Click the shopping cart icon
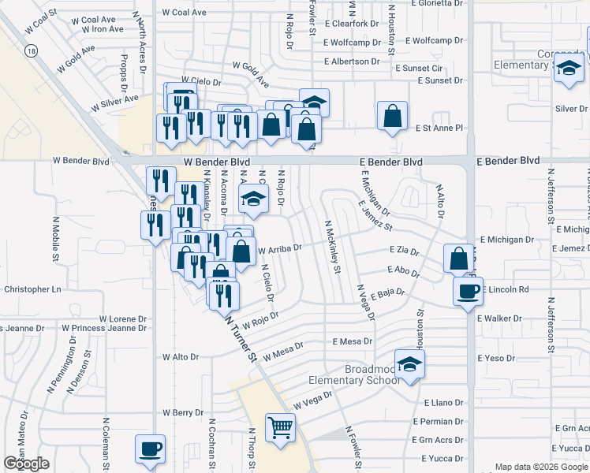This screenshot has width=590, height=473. tap(281, 428)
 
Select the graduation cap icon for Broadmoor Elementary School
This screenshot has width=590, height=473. tap(409, 364)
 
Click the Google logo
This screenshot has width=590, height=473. tap(26, 463)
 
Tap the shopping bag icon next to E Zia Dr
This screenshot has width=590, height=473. tap(458, 259)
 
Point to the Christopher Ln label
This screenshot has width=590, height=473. tap(32, 289)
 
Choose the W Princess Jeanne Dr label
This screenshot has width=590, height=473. tap(104, 327)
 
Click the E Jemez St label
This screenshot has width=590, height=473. tap(375, 214)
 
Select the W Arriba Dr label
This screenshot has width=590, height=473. tap(280, 249)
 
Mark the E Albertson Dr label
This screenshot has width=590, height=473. tap(357, 61)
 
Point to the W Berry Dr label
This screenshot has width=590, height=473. tap(183, 412)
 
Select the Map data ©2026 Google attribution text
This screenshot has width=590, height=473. tap(541, 467)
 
